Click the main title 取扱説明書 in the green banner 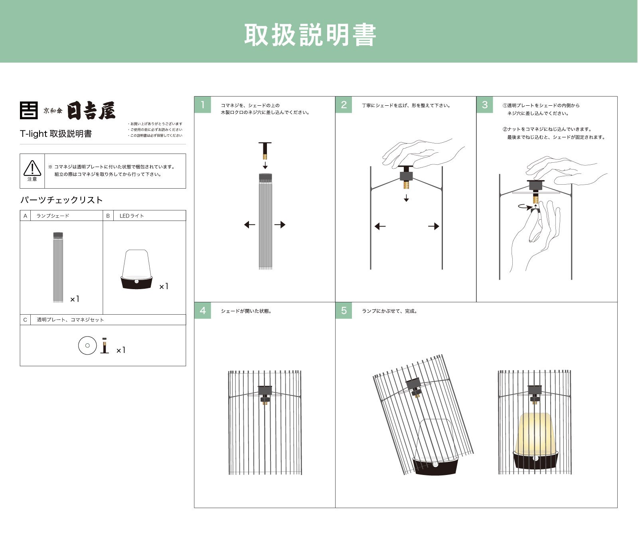coord(310,35)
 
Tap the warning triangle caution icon coord(32,168)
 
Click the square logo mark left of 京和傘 coord(29,110)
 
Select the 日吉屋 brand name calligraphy coord(91,111)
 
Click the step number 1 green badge coord(203,105)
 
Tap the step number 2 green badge coord(344,105)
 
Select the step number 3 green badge coord(485,105)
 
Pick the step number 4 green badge coord(203,311)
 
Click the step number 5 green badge coord(344,311)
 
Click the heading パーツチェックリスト coord(61,200)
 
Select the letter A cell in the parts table coord(25,216)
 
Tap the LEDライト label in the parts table coord(132,216)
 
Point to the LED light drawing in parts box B coord(136,269)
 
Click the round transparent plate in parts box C coord(87,345)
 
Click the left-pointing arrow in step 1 coord(249,225)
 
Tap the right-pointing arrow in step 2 coord(434,227)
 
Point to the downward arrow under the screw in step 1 coord(265,165)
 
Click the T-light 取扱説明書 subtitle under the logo coord(56,134)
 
